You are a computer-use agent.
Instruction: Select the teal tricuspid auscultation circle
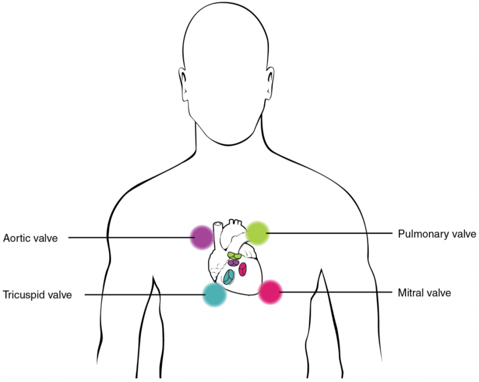coord(215,294)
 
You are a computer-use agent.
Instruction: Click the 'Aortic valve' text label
coord(30,238)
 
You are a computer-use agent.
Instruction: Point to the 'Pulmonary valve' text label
coord(437,233)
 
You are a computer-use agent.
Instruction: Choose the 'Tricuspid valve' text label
coord(37,295)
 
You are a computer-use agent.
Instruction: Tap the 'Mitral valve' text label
coord(424,293)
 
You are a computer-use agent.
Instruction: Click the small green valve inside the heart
coord(235,255)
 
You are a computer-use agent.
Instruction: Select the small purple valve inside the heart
coord(233,262)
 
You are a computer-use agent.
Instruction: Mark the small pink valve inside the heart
coord(243,269)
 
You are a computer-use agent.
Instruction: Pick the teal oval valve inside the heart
coord(229,277)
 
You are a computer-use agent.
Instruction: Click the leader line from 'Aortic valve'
coord(131,238)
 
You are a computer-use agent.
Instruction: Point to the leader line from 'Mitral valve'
coord(337,292)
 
